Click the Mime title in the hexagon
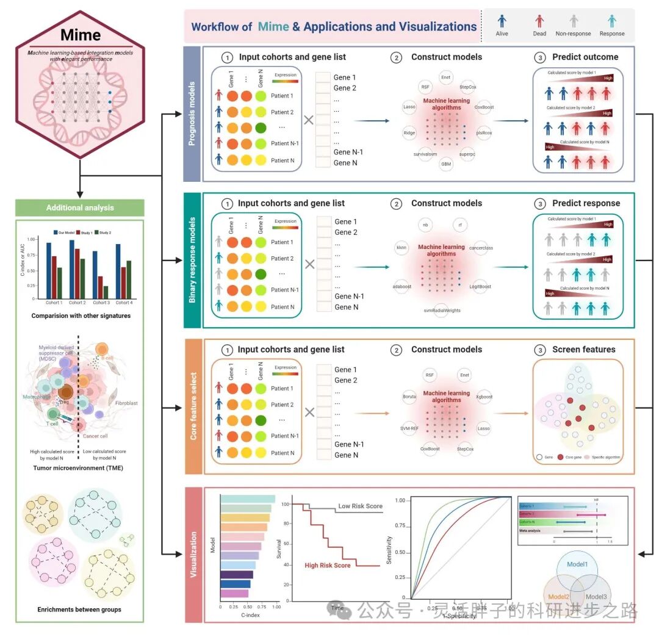pos(81,35)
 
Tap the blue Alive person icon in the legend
pos(502,21)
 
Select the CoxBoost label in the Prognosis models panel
pos(484,107)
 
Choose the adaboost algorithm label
pos(403,286)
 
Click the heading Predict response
pos(586,203)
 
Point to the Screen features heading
pos(584,350)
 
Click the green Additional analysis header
pos(80,207)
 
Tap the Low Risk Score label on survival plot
pos(361,506)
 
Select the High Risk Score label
pos(328,566)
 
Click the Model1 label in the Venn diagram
pos(577,565)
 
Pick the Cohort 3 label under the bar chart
pos(101,303)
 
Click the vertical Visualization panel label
pos(193,554)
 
